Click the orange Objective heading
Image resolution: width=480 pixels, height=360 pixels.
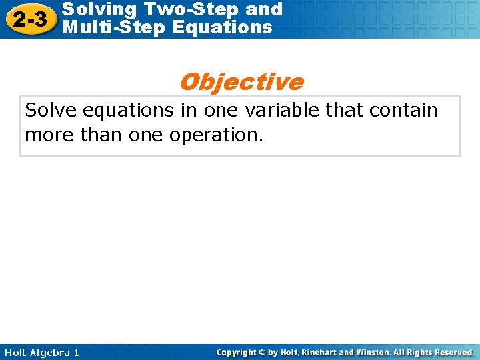coord(241,82)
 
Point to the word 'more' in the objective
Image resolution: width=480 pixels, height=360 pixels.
coord(47,135)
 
